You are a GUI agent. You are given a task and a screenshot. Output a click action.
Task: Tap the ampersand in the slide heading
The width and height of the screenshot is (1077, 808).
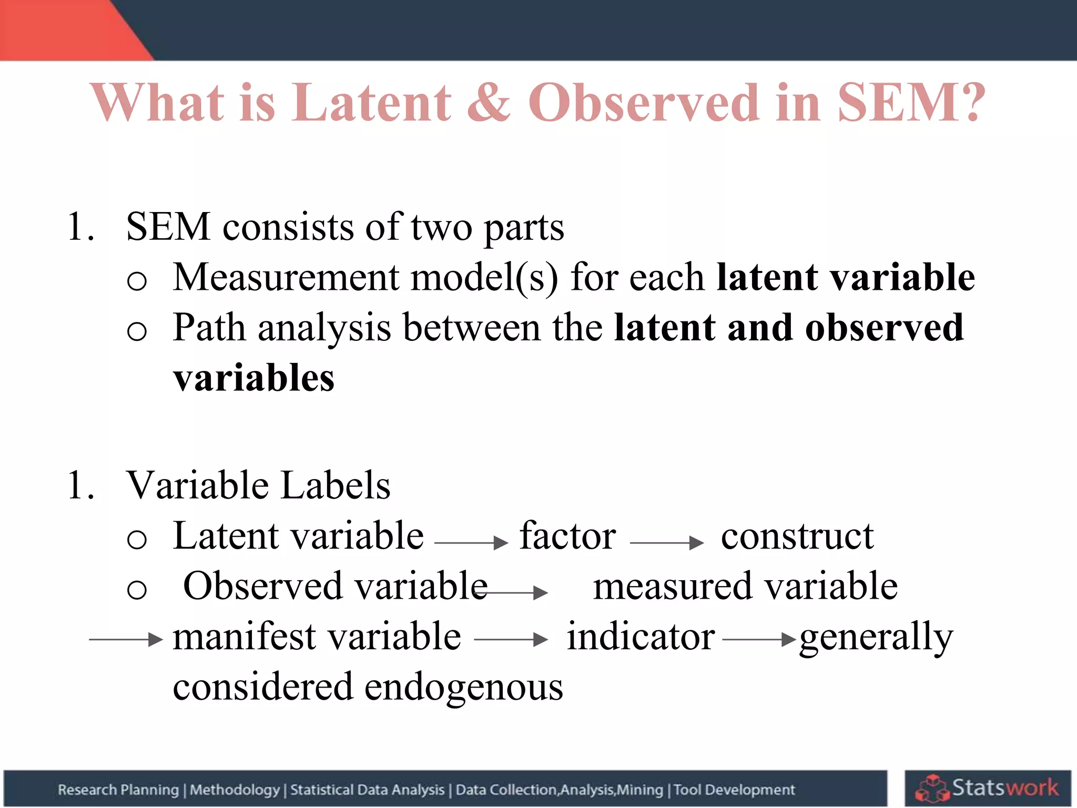point(489,102)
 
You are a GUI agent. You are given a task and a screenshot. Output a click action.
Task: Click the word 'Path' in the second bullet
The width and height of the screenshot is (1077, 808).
point(209,328)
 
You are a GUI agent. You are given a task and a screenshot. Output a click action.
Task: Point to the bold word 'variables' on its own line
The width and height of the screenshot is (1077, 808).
point(253,378)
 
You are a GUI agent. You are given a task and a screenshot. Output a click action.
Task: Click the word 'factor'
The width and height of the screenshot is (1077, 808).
point(567,536)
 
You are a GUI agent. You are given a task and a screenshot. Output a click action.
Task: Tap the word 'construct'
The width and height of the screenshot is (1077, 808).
point(797,536)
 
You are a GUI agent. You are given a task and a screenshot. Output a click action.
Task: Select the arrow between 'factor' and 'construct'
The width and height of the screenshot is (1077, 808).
point(666,542)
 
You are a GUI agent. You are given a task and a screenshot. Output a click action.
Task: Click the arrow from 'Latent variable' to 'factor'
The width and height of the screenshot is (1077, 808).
point(471,542)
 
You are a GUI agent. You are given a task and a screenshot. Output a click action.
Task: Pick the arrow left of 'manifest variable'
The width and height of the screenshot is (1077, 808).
point(126,640)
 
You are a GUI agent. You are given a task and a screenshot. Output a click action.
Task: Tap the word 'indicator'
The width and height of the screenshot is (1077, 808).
point(641,637)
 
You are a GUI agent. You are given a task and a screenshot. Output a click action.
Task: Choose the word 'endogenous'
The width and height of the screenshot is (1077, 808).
point(463,687)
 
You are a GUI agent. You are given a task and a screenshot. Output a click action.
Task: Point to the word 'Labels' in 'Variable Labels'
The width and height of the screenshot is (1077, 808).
point(335,485)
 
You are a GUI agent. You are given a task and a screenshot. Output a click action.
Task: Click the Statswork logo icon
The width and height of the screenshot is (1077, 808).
point(931,789)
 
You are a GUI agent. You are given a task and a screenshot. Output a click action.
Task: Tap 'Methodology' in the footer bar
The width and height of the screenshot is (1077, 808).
point(235,790)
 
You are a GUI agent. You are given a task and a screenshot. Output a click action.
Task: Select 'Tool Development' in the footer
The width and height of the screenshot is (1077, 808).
point(734,790)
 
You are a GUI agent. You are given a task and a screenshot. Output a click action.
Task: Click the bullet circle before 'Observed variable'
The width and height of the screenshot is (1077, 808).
point(137,589)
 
